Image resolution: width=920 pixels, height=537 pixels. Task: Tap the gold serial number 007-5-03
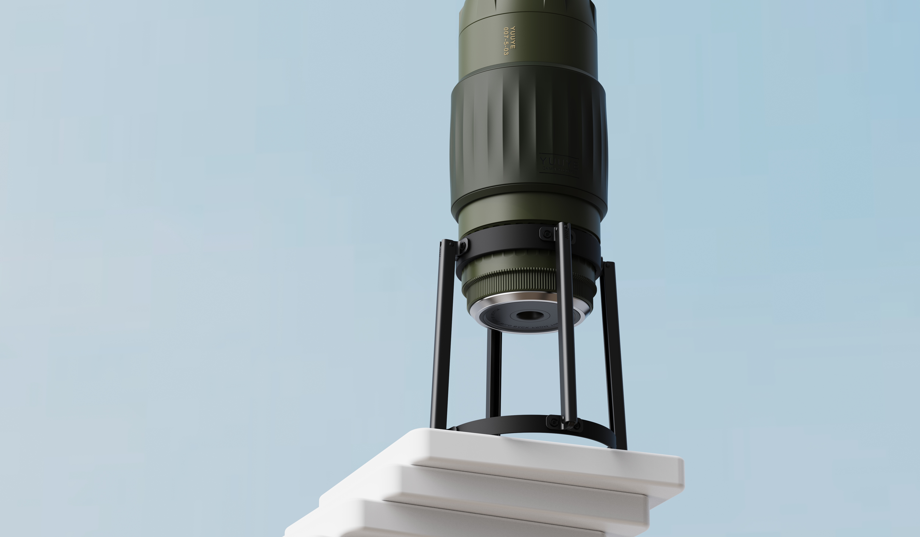click(506, 41)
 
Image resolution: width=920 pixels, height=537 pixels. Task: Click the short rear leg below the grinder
click(494, 372)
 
